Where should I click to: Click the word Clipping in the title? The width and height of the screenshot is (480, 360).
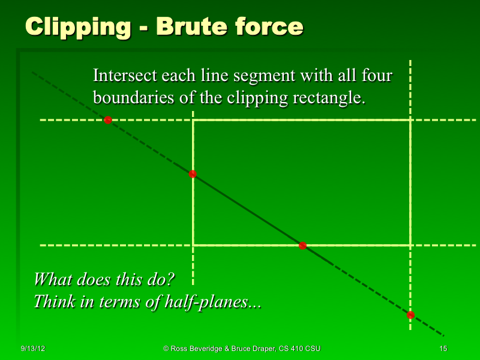click(79, 26)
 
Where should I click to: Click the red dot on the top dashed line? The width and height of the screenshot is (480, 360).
click(108, 120)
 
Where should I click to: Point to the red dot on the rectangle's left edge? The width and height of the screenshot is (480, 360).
click(193, 174)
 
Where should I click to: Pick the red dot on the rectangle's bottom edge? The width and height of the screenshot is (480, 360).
click(302, 245)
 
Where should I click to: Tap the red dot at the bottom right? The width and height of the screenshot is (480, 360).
click(410, 315)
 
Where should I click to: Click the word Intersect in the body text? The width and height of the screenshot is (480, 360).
click(124, 76)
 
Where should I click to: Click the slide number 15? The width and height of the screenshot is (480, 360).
click(443, 349)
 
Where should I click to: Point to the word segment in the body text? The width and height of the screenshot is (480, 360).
click(262, 76)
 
